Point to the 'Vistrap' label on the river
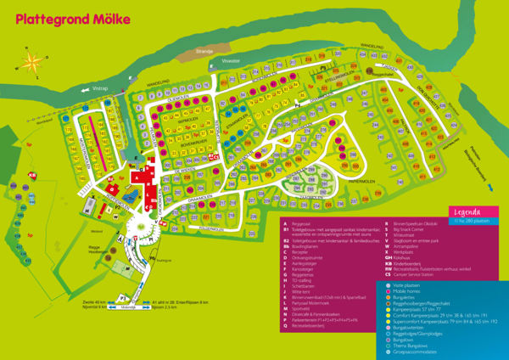tap(102, 87)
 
